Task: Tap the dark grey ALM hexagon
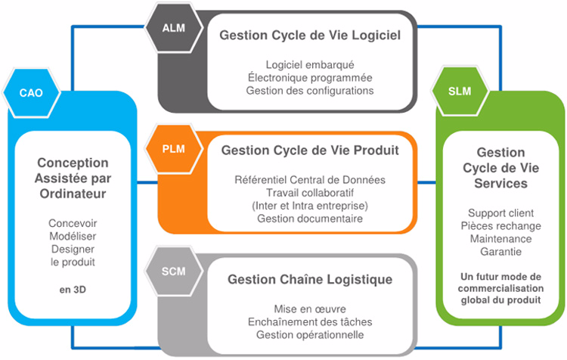tap(173, 29)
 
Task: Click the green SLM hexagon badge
tap(459, 92)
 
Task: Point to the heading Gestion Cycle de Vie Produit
tap(309, 150)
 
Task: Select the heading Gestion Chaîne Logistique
tap(310, 280)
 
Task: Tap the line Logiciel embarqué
tap(309, 64)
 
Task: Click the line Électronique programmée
tap(309, 77)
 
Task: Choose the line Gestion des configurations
tap(309, 91)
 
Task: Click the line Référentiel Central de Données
tap(310, 180)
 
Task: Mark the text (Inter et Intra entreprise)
tap(310, 206)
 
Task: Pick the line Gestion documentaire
tap(310, 219)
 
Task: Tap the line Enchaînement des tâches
tap(310, 322)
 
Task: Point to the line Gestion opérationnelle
tap(310, 335)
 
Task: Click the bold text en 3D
tap(73, 288)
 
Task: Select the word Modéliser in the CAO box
tap(73, 237)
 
